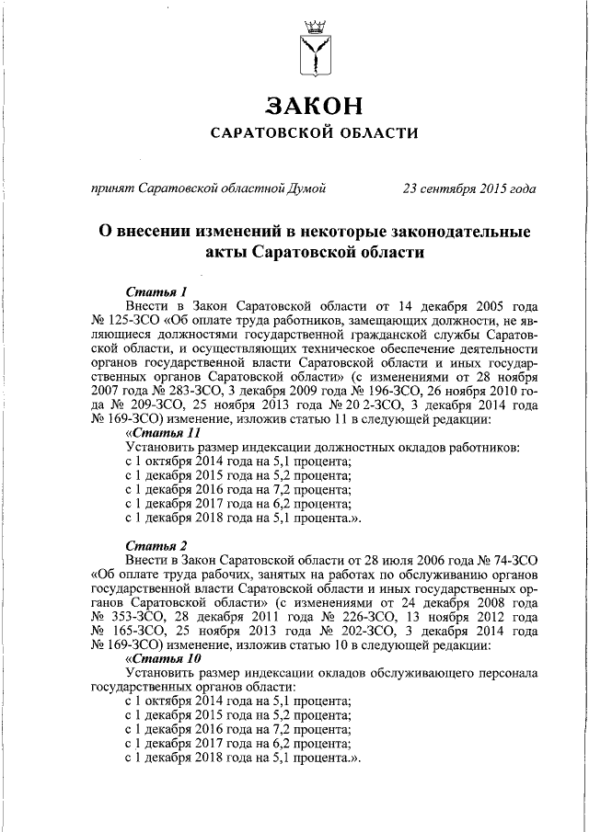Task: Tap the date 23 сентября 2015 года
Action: pyautogui.click(x=469, y=189)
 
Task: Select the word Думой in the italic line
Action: pyautogui.click(x=306, y=189)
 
